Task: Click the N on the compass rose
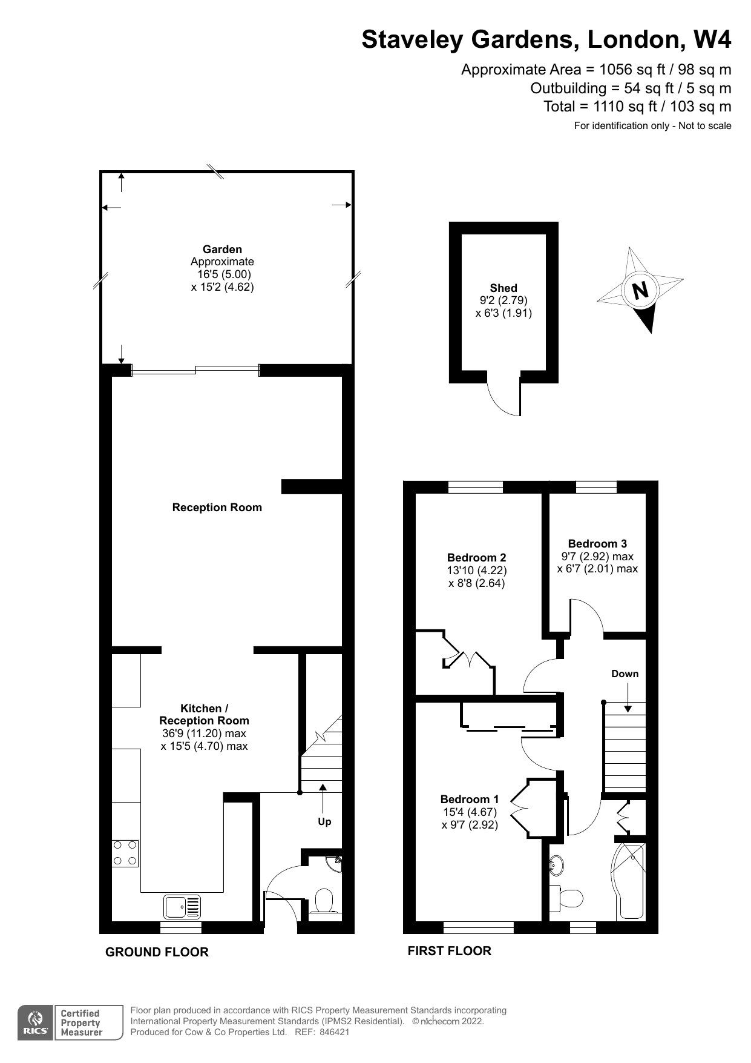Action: tap(640, 291)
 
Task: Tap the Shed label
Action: tap(503, 288)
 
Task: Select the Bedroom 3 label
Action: tap(597, 543)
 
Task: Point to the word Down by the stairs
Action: tap(625, 674)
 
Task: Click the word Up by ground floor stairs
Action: tap(324, 822)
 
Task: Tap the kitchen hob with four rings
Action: tap(125, 853)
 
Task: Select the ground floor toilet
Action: tap(325, 901)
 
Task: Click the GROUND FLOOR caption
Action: tap(157, 952)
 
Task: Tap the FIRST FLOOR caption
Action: tap(449, 951)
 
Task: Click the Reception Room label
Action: tap(217, 508)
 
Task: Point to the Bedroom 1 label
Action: tap(469, 799)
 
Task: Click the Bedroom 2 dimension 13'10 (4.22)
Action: tap(476, 571)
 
